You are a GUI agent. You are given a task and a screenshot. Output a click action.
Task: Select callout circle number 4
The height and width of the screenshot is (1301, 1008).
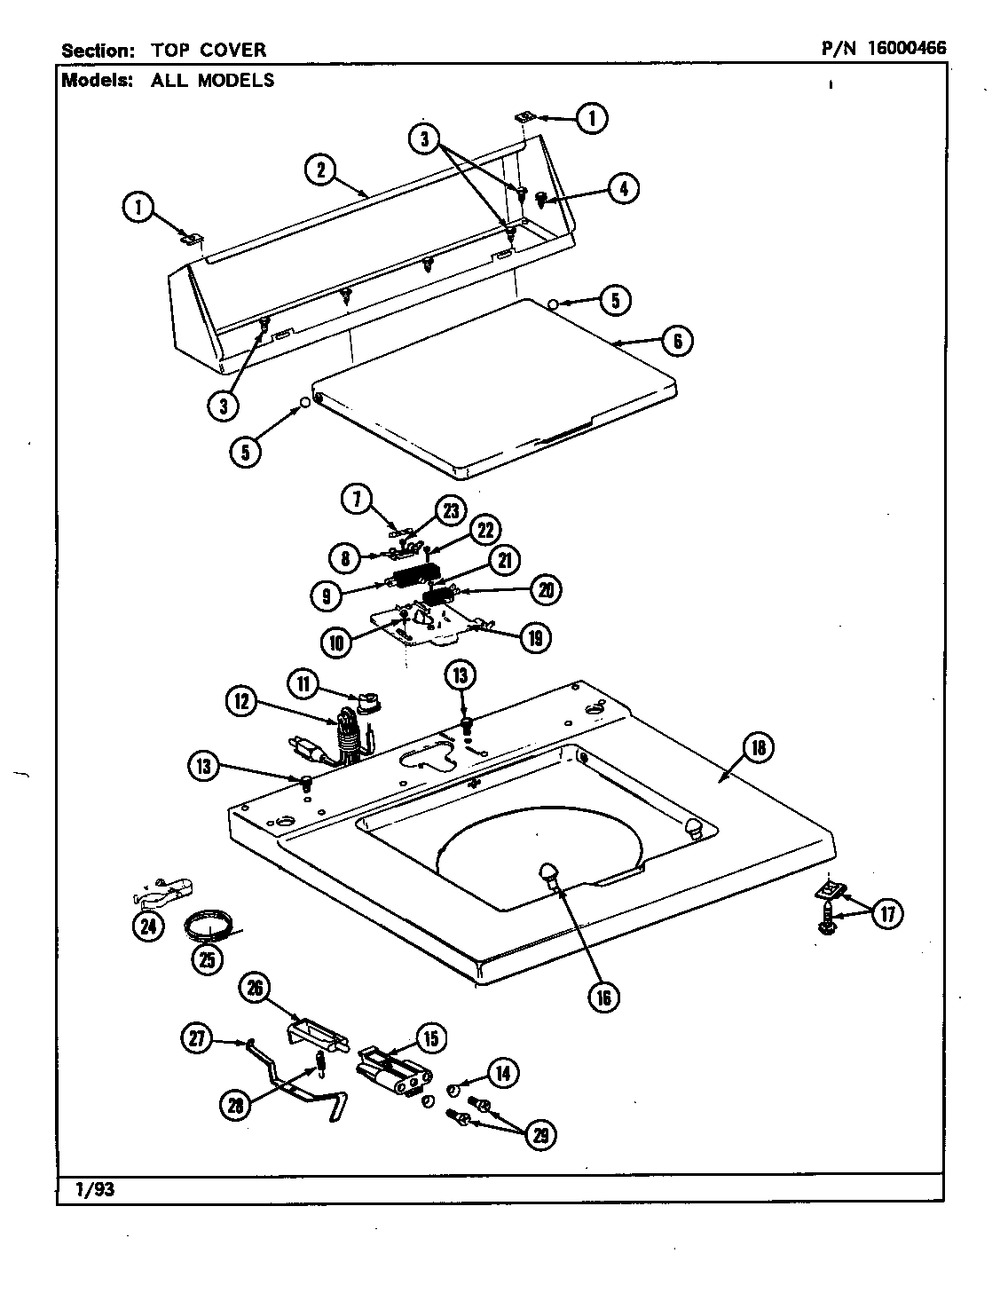point(623,187)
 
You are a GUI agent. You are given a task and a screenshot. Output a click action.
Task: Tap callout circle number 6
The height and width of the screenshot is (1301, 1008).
point(677,341)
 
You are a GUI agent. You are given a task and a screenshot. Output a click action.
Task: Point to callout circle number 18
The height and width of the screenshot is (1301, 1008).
point(759,747)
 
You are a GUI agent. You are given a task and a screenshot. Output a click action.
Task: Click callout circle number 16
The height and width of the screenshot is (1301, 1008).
point(604,997)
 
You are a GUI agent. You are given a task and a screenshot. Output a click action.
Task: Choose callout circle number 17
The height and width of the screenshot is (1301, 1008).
point(886,913)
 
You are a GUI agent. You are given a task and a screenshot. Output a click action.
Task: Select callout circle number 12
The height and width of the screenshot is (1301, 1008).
point(241,703)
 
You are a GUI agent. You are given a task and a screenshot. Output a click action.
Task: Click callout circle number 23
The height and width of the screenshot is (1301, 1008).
point(450,511)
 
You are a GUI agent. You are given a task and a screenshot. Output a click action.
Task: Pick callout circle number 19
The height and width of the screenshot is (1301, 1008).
point(534,636)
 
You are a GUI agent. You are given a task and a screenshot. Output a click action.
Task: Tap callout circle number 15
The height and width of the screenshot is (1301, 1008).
point(430,1037)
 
